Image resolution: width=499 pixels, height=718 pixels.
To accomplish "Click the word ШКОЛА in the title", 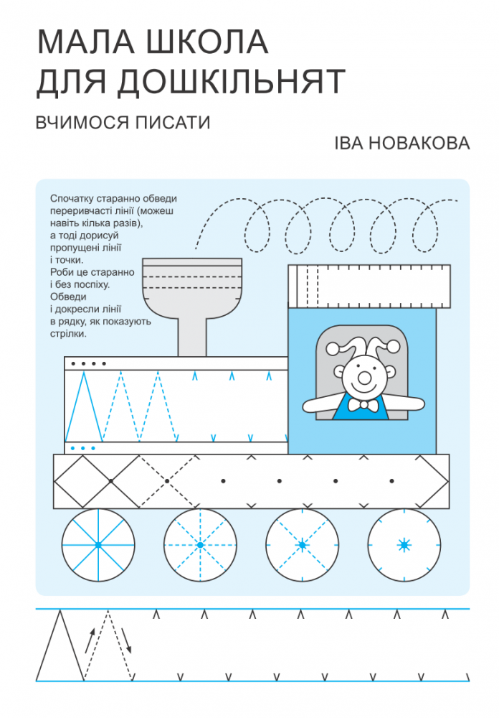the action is [206, 42].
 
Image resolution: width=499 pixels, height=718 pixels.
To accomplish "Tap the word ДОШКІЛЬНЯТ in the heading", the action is [232, 82].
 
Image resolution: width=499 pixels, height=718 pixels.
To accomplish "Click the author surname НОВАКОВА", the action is [419, 144].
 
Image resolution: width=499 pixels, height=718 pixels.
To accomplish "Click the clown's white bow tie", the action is [363, 405].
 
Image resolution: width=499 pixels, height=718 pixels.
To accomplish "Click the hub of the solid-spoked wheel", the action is [98, 545].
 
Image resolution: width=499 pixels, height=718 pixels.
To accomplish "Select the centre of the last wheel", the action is [404, 545].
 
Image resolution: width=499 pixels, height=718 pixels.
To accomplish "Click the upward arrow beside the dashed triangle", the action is [90, 640].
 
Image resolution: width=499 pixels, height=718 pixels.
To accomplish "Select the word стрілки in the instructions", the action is [67, 334].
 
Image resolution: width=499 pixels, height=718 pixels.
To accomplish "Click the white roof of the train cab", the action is [369, 286].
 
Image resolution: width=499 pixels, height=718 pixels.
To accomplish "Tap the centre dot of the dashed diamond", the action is [167, 481].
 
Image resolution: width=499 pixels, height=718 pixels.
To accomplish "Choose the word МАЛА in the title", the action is [86, 42].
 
